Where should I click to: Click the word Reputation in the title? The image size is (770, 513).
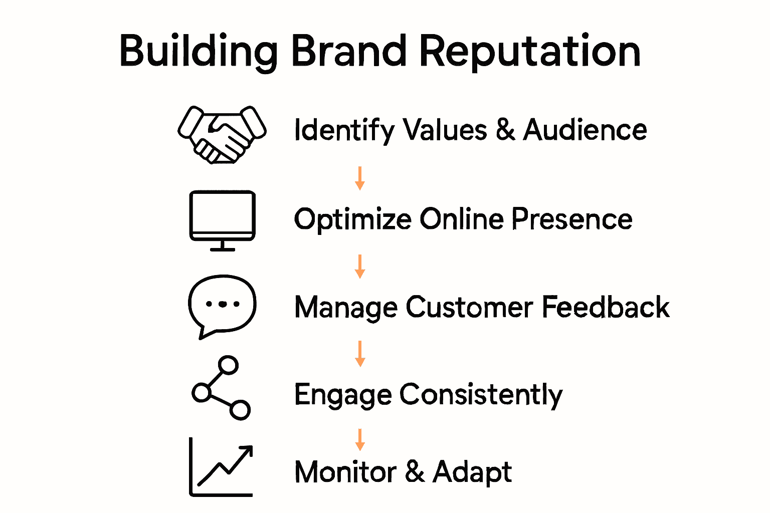coord(530,51)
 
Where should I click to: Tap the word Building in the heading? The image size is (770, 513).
coord(199,51)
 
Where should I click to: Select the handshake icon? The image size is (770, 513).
coord(222,134)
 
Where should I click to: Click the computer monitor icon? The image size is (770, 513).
coord(222,220)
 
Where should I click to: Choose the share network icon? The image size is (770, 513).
coord(221,388)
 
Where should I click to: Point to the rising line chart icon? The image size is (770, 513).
coord(221,467)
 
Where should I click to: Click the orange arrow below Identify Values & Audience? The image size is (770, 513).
coord(359,178)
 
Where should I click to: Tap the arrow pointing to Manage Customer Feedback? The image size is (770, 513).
coord(359,266)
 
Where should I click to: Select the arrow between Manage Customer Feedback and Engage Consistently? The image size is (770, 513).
coord(359,353)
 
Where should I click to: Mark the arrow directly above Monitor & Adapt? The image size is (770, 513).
coord(359,439)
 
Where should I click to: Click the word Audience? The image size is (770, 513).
coord(585,130)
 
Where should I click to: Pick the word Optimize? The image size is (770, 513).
coord(352,219)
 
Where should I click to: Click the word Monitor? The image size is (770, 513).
coord(345,472)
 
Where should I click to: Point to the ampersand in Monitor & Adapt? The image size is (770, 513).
coord(415,472)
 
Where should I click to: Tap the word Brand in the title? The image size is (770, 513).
coord(349,51)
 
